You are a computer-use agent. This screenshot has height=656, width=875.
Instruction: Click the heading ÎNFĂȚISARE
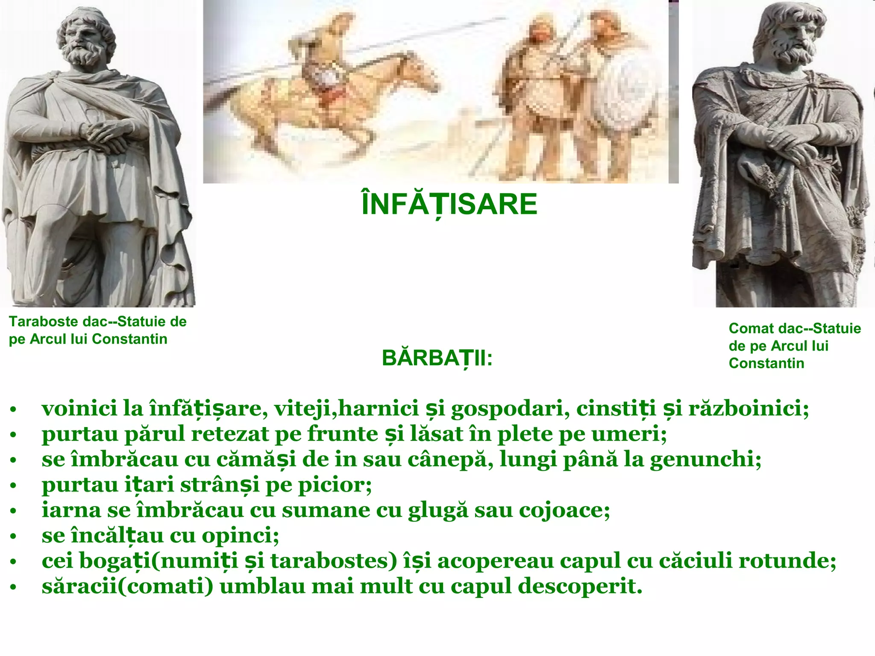(x=449, y=205)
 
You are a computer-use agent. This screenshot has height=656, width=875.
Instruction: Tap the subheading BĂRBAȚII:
(x=437, y=358)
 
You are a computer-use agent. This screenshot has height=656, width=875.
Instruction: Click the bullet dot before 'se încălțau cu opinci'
(x=13, y=536)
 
